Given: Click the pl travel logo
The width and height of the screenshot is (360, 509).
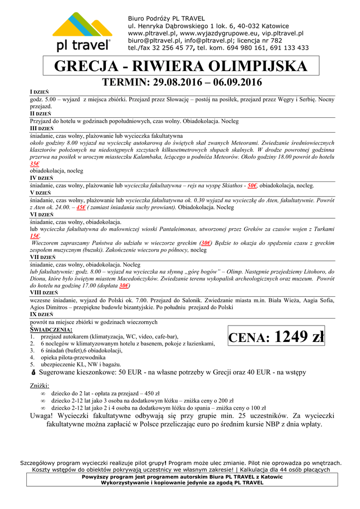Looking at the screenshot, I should pyautogui.click(x=83, y=32).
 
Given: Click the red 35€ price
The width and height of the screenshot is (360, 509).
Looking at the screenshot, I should pyautogui.click(x=34, y=164).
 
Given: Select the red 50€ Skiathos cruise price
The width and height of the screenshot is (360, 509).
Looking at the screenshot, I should pyautogui.click(x=252, y=185).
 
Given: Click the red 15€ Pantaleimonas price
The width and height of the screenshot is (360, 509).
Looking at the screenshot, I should pyautogui.click(x=34, y=236).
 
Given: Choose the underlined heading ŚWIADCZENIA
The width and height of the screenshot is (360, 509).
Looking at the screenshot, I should pyautogui.click(x=51, y=330).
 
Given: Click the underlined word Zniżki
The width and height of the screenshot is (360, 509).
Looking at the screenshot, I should pyautogui.click(x=40, y=386).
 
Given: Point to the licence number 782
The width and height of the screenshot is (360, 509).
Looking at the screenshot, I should pyautogui.click(x=275, y=41).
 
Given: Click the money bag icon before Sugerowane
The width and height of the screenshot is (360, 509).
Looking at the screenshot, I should pyautogui.click(x=33, y=372).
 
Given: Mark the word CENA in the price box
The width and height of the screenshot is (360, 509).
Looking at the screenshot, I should pyautogui.click(x=249, y=339).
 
